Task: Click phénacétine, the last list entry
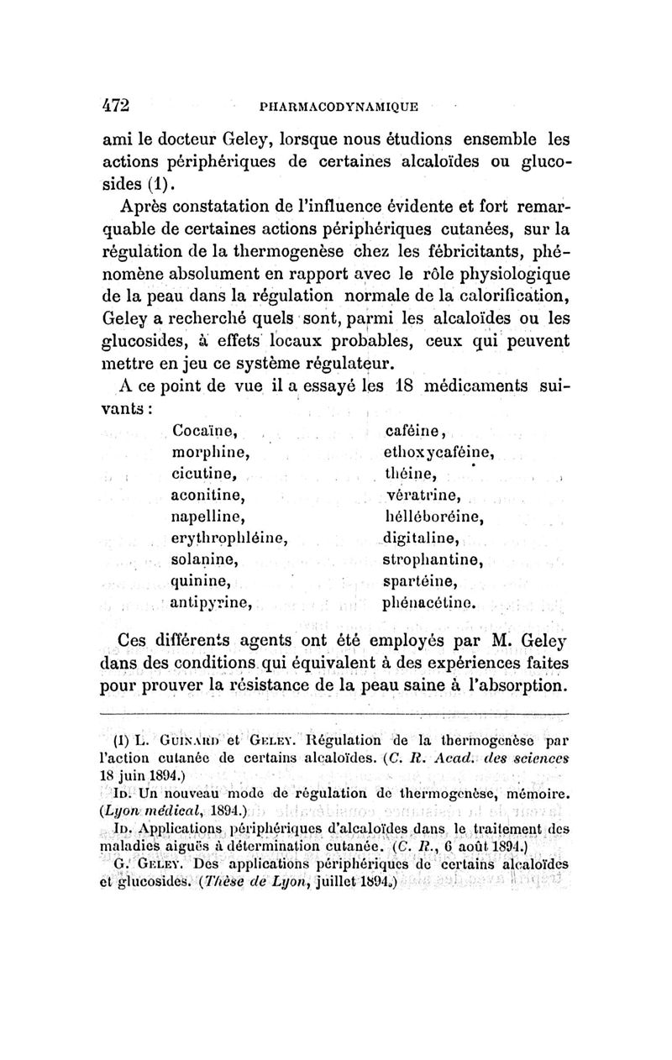(430, 602)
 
